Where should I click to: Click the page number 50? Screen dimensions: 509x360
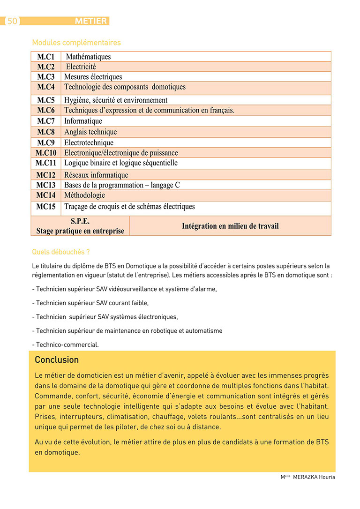tap(12, 21)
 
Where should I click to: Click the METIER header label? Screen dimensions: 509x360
tap(91, 21)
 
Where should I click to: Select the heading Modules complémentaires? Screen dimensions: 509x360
tap(76, 43)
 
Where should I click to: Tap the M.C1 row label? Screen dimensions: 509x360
tap(46, 57)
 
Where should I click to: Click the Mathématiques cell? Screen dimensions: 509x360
tap(88, 57)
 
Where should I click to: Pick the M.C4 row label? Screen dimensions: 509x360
tap(46, 87)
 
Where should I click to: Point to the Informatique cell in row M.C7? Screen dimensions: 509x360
tap(83, 121)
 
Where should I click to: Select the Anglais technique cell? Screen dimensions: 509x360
tap(90, 132)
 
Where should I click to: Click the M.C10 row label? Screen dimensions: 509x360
tap(46, 153)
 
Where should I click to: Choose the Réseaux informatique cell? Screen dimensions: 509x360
tap(96, 175)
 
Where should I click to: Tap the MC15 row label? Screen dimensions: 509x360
tap(46, 206)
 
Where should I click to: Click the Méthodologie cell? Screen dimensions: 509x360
tap(84, 195)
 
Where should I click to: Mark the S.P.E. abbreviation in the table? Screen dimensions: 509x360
tap(80, 221)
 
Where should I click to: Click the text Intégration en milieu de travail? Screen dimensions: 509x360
tap(230, 226)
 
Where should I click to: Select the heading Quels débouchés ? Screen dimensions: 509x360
tap(61, 252)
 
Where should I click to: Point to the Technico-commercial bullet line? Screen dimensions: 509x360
tap(66, 344)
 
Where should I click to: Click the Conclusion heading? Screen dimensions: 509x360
tap(57, 360)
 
